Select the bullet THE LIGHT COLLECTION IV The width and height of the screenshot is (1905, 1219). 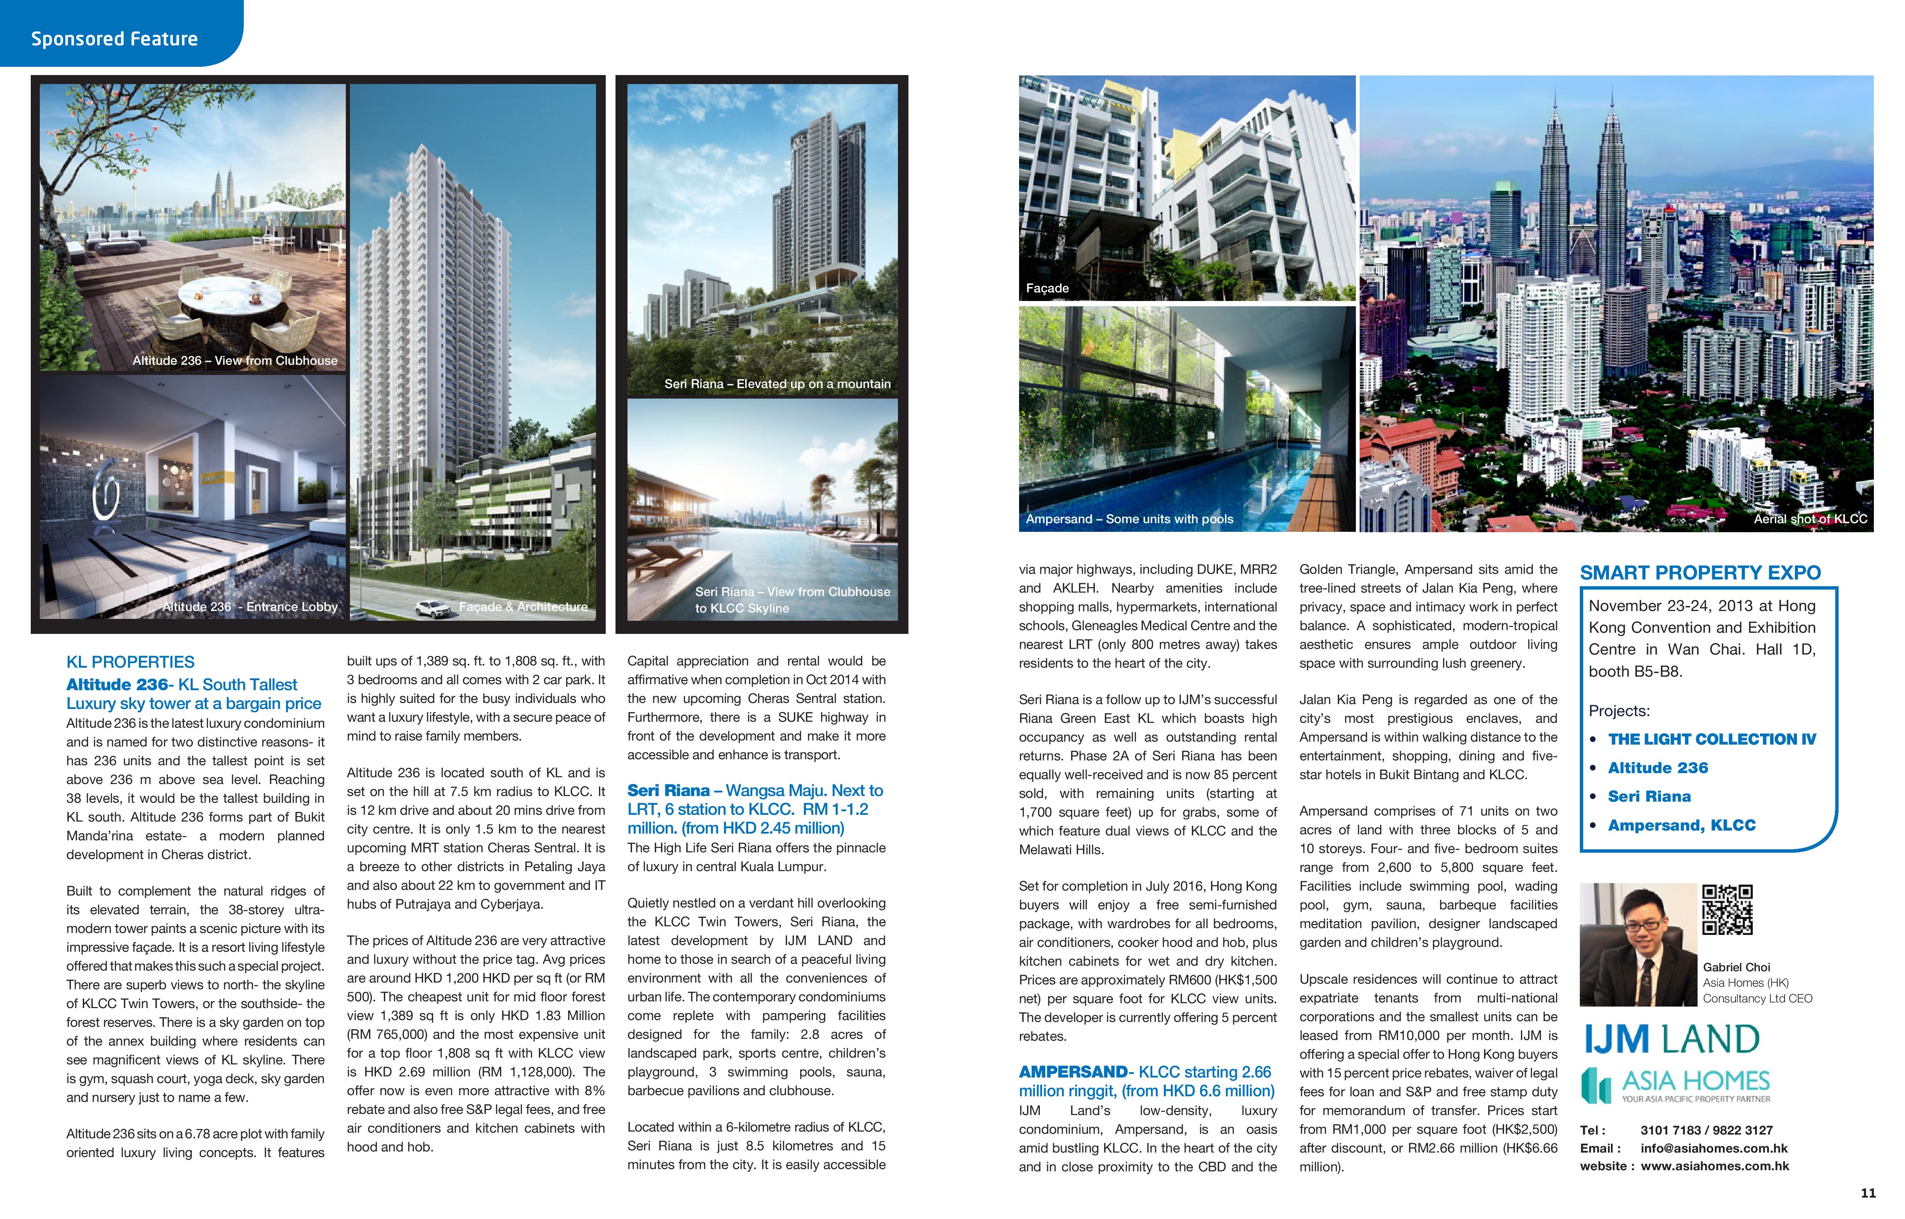[1712, 739]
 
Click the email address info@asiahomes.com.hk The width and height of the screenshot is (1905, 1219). [1714, 1148]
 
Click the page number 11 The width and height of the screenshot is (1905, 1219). [1868, 1193]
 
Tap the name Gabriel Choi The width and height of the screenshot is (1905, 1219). [1737, 967]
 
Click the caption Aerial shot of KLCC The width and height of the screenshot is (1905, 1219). [1810, 519]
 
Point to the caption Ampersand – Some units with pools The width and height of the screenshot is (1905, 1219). [1129, 519]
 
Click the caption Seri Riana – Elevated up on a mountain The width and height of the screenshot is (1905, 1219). [777, 384]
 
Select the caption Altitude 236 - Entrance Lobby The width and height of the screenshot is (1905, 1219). [250, 607]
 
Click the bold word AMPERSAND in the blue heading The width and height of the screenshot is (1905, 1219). [1073, 1073]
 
